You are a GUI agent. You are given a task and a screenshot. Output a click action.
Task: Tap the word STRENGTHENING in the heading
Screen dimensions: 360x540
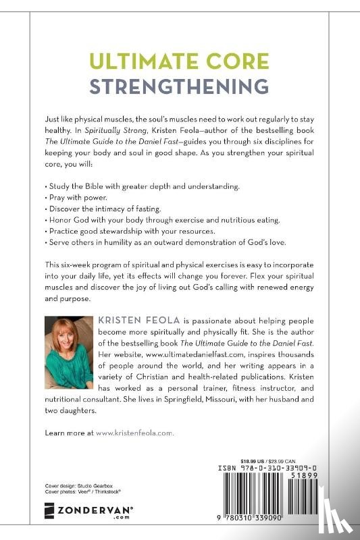(179, 87)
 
